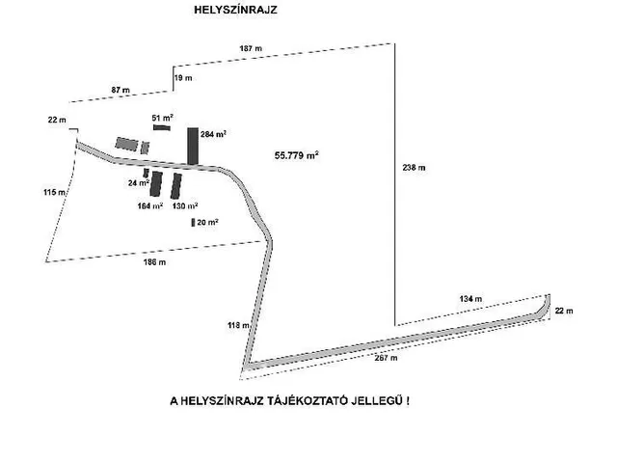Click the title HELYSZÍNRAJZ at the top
(x=235, y=10)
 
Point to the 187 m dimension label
(x=251, y=48)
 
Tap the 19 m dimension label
(x=183, y=78)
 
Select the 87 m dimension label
(x=121, y=90)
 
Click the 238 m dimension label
(x=414, y=167)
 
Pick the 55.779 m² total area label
(x=296, y=155)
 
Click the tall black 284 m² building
(x=193, y=146)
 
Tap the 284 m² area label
(x=213, y=134)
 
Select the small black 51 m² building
(x=162, y=127)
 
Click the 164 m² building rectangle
(x=156, y=184)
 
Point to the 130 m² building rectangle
(x=175, y=186)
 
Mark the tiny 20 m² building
(x=193, y=223)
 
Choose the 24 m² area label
(x=139, y=182)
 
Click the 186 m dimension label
(x=154, y=261)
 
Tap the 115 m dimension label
(x=54, y=192)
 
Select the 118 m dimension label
(x=238, y=325)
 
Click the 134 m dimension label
(x=470, y=299)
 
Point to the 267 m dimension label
(x=386, y=358)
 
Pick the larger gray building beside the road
(x=126, y=144)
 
